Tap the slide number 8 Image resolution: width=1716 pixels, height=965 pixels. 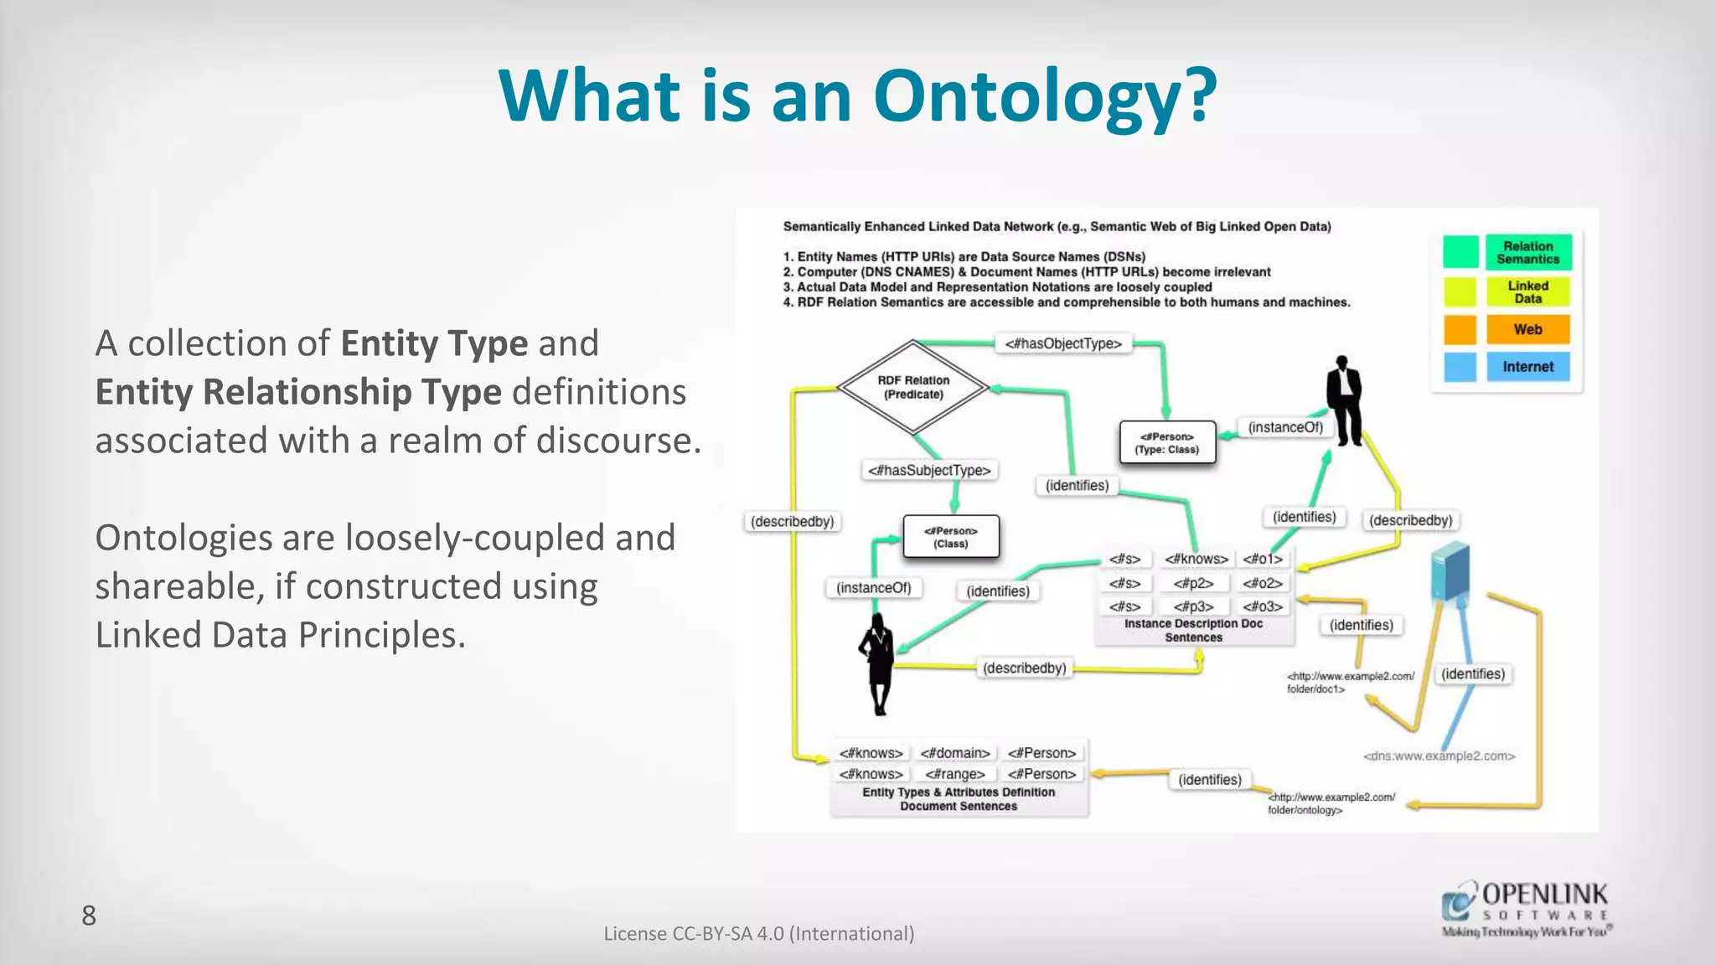pos(89,916)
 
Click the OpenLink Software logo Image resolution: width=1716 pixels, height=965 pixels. pos(1526,909)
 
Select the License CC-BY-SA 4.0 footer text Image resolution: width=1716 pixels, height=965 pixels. pos(758,933)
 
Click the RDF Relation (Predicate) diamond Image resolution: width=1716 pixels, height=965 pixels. pos(913,387)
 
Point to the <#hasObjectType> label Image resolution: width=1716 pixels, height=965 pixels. pos(1062,343)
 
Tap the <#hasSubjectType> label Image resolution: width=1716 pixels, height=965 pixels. pos(929,471)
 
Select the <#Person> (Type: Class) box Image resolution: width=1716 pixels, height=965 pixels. pos(1167,442)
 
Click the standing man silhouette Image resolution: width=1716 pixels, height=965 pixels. pos(1345,400)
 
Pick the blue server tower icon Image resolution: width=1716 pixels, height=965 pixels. pos(1451,570)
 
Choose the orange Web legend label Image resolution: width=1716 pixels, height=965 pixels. pos(1527,329)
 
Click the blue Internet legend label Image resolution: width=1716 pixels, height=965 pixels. pos(1527,367)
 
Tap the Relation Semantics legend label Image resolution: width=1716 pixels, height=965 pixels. pos(1527,252)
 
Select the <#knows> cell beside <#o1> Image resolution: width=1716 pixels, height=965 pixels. pos(1196,559)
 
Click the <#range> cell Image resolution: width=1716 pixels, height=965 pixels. pos(954,774)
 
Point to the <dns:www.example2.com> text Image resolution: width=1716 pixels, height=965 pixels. pos(1439,756)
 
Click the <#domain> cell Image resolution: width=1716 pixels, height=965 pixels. pos(954,753)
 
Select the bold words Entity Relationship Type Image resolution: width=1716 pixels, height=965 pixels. pos(298,392)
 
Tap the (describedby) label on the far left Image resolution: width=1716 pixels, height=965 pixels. pos(792,521)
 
